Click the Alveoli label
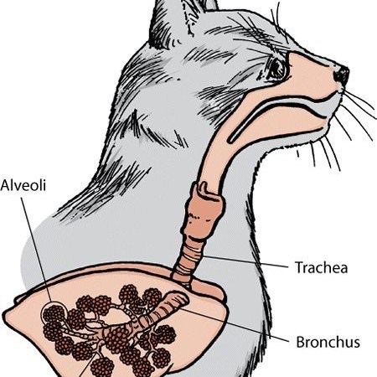[23, 185]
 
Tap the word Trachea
[322, 267]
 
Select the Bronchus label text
[328, 342]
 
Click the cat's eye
[276, 68]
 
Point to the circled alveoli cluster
[54, 314]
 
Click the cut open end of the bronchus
[178, 299]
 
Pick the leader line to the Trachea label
[245, 261]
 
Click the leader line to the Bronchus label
[234, 325]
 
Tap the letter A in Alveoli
[5, 185]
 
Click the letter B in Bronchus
[300, 342]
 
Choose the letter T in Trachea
[299, 267]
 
